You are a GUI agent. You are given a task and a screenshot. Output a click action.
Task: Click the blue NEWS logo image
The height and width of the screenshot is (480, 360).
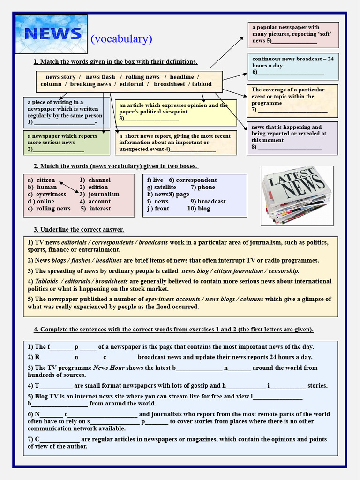pos(51,34)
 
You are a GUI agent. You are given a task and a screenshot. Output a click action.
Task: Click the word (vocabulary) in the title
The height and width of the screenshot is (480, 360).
pos(121,39)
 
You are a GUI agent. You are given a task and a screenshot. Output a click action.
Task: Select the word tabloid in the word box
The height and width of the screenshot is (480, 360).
pos(202,84)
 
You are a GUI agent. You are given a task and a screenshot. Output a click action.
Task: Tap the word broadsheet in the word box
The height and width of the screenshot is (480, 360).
pos(169,84)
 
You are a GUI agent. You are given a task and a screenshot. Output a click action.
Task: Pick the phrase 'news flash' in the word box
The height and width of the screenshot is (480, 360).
pos(100,77)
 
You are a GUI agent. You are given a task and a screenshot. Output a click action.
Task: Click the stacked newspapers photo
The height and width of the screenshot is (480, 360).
pos(297,195)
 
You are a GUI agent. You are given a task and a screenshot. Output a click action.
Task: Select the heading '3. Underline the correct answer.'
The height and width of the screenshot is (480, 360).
pos(79,230)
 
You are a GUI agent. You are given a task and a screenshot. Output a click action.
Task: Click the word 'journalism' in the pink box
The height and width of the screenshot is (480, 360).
pos(104,195)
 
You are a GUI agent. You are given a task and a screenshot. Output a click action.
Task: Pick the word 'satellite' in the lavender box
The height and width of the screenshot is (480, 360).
pos(165,187)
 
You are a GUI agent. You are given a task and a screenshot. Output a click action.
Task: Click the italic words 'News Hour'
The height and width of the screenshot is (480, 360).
pos(109,368)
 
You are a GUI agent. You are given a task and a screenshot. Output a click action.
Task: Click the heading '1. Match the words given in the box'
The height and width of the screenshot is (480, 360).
pos(115,62)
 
